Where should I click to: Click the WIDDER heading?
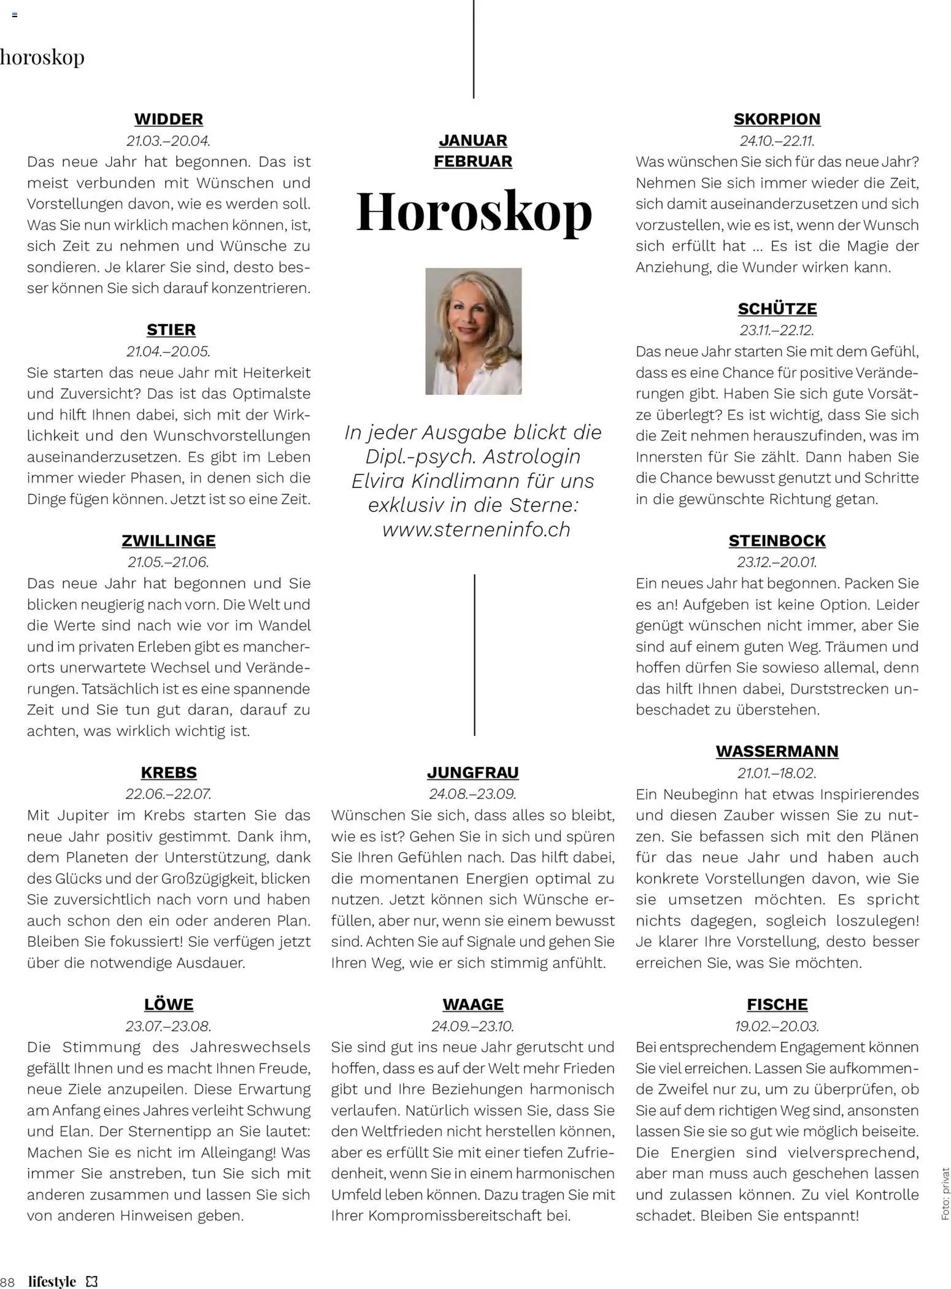tap(168, 119)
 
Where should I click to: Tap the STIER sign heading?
tap(171, 330)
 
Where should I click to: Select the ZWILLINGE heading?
tap(168, 540)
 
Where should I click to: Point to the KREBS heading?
tap(168, 772)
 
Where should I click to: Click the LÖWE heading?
tap(168, 1004)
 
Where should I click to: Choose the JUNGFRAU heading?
tap(472, 772)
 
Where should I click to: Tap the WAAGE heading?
tap(472, 1004)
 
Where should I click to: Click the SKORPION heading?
tap(777, 119)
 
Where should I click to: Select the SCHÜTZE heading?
tap(777, 308)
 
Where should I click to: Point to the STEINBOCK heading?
tap(777, 540)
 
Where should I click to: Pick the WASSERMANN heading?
tap(777, 751)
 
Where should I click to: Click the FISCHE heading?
tap(777, 1004)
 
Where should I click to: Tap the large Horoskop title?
tap(474, 212)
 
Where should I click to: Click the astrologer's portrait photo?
tap(473, 331)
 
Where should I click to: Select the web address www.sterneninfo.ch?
tap(476, 529)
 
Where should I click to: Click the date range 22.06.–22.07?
tap(168, 794)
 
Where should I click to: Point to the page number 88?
tap(8, 1281)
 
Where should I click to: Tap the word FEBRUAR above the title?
tap(472, 161)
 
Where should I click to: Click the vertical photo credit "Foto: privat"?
tap(945, 1192)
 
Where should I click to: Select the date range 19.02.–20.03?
tap(777, 1025)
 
